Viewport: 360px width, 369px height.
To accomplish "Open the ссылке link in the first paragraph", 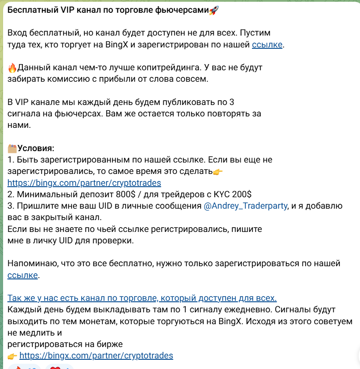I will click(x=267, y=44).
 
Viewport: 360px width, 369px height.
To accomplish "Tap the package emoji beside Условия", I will click(x=12, y=148).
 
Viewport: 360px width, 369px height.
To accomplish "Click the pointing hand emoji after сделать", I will click(x=218, y=171).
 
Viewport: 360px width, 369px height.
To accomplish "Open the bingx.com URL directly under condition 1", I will click(x=84, y=183).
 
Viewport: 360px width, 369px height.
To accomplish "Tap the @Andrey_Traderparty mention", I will click(x=245, y=206).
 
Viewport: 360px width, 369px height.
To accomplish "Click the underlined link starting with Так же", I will click(x=142, y=298).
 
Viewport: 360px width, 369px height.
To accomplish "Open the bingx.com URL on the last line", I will click(x=97, y=355).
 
